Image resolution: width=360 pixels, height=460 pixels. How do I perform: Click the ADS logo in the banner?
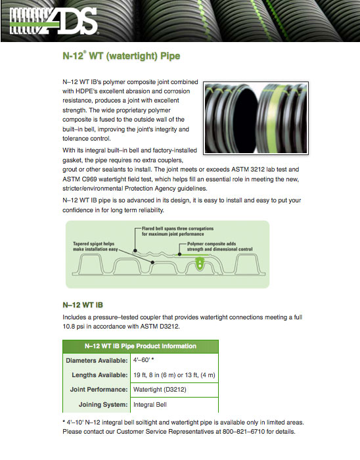point(54,21)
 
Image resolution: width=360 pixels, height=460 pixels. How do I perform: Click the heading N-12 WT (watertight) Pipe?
point(122,55)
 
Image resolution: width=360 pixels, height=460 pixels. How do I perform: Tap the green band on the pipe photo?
point(275,118)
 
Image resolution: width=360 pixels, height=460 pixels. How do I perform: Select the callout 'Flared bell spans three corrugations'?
point(177,229)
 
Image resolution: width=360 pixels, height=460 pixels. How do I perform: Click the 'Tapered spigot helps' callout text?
point(93,244)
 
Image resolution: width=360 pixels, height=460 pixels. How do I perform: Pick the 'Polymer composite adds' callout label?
point(212,244)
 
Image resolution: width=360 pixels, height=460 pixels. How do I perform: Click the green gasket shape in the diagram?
point(200,263)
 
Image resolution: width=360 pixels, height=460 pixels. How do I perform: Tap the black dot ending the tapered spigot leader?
point(152,262)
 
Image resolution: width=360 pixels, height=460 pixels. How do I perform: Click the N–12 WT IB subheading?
point(83,305)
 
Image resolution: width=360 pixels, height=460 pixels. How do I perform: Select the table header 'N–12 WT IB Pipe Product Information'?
point(141,346)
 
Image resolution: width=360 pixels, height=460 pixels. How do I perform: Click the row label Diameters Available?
point(97,361)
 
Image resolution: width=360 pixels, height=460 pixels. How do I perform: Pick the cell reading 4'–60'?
point(144,360)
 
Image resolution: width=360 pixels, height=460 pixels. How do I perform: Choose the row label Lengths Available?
point(100,375)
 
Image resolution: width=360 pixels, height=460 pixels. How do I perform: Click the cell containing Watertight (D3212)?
point(160,390)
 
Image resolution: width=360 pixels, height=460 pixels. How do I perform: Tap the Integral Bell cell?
point(150,405)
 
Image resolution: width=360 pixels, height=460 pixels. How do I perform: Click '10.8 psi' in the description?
point(74,326)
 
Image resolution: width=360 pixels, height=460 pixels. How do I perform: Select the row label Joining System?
point(103,405)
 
